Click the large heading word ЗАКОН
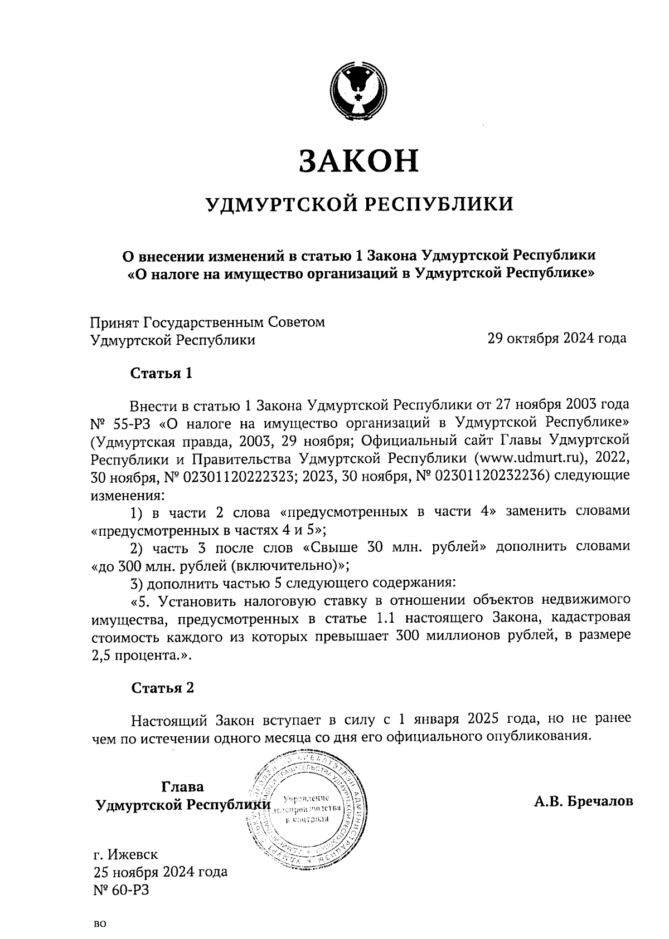click(x=358, y=160)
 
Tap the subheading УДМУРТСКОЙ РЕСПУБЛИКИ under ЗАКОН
click(x=359, y=204)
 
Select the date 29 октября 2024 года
click(x=556, y=338)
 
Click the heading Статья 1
click(x=162, y=373)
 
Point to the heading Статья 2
click(x=162, y=688)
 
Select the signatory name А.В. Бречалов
click(x=583, y=801)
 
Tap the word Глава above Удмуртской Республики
click(x=182, y=787)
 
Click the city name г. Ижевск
click(x=125, y=854)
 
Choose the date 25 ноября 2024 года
click(x=159, y=872)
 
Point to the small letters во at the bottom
click(x=100, y=925)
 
